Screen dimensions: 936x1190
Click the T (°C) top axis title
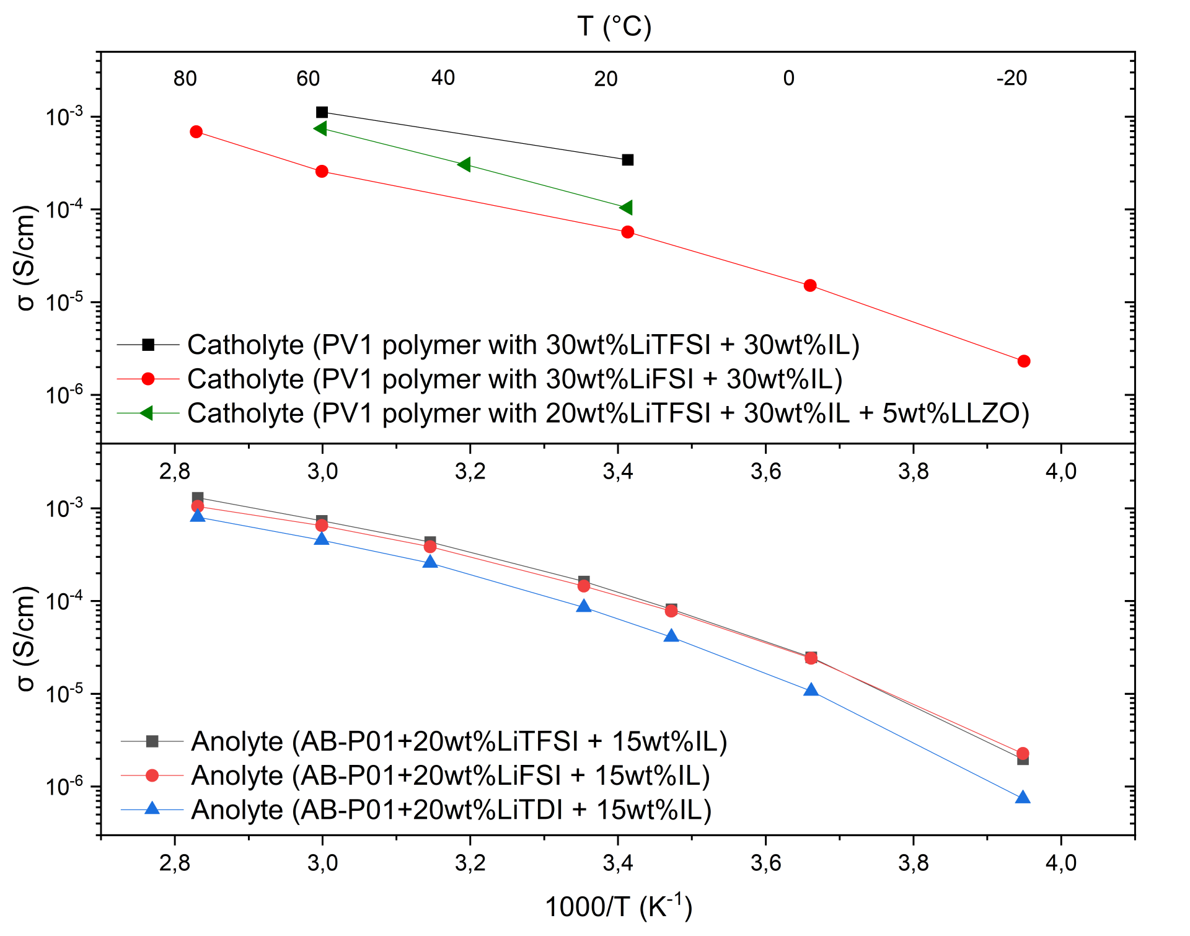pos(614,27)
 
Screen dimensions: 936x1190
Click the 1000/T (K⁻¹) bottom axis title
pos(618,906)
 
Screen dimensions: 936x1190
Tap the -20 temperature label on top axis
pos(1011,78)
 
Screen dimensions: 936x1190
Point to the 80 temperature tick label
pos(185,78)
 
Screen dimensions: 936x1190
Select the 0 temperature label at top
pos(788,78)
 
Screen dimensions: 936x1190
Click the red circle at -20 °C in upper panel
pos(1024,361)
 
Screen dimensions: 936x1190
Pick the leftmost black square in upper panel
pos(322,112)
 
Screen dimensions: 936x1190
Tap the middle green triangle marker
pos(464,164)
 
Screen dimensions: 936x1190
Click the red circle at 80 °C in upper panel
pos(196,131)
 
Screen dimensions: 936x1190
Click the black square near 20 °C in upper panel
pos(627,160)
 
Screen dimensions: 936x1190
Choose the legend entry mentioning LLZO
pos(607,413)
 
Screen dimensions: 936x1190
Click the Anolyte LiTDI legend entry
pos(451,810)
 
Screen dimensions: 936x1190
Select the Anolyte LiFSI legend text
pos(451,775)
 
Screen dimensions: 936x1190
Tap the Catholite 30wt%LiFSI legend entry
pos(514,379)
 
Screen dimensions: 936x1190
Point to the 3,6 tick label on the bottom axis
pos(766,862)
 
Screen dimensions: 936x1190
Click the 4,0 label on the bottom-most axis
pos(1061,862)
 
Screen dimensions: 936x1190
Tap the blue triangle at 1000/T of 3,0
pos(322,539)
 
